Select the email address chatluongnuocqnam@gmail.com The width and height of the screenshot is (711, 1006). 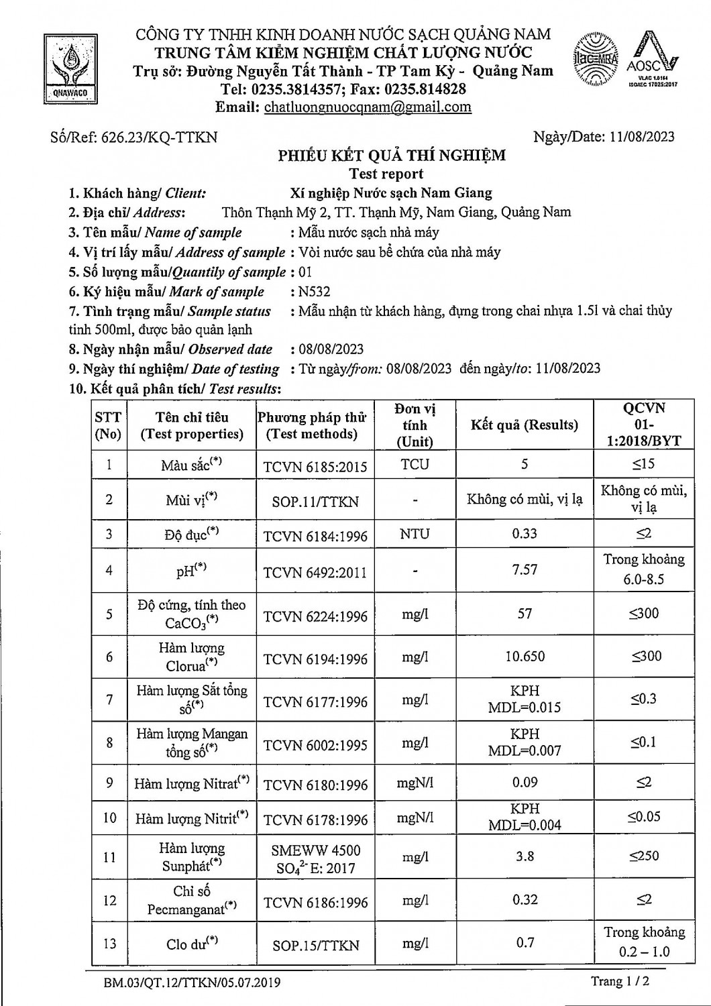point(368,107)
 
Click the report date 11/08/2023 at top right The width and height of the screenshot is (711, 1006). point(642,137)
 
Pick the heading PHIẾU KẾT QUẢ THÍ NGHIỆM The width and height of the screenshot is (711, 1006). point(392,156)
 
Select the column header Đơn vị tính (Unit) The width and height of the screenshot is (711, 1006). point(415,425)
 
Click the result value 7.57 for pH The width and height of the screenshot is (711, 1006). point(525,569)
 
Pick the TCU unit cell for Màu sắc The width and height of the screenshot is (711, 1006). point(415,464)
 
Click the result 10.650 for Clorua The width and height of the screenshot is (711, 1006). point(525,657)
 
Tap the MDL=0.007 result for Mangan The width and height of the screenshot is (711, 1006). point(525,750)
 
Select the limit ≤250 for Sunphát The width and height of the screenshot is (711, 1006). point(644,856)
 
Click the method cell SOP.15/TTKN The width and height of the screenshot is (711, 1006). point(315,945)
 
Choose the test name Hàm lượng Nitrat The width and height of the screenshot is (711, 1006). point(192,783)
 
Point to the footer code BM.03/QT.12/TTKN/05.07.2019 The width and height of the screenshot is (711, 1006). point(192,983)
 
